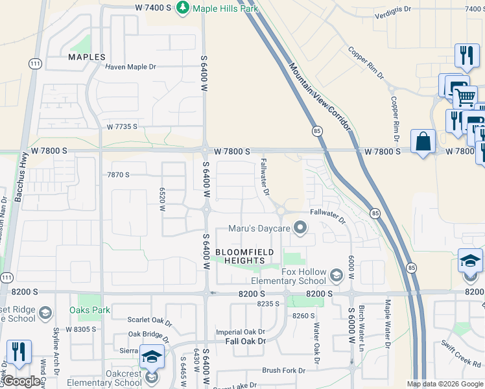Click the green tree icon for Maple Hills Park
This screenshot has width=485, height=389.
[x=183, y=8]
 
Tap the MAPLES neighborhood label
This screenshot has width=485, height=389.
[x=87, y=57]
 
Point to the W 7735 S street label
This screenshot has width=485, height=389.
[x=122, y=126]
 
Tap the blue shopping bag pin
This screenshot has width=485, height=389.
[x=423, y=141]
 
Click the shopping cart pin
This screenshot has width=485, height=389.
[x=464, y=97]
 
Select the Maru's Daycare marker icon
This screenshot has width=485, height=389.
[x=300, y=228]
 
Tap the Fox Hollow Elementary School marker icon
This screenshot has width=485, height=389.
[x=336, y=276]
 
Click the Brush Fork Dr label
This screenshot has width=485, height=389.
[x=283, y=370]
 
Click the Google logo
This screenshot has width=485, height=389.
[x=22, y=382]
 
